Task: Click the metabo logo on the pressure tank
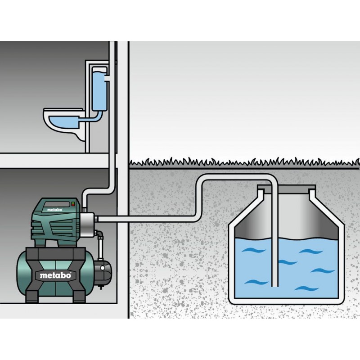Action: click(x=55, y=275)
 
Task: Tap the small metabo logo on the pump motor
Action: click(x=54, y=210)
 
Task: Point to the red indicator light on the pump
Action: click(x=73, y=203)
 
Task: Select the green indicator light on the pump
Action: click(x=73, y=206)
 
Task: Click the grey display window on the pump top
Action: click(x=57, y=204)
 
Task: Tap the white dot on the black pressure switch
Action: click(x=103, y=268)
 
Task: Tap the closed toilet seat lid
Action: click(x=63, y=110)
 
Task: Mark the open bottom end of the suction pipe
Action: click(x=274, y=286)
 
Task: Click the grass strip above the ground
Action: click(x=244, y=162)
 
